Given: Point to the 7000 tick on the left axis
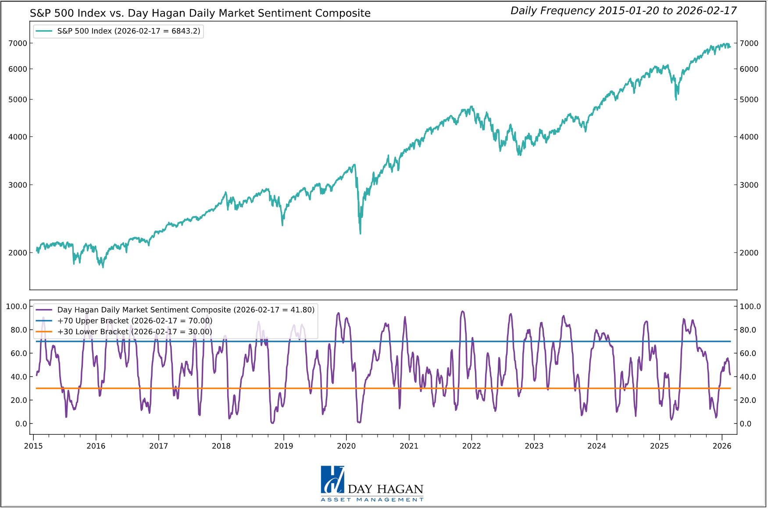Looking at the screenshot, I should (18, 43).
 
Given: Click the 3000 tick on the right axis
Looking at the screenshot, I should (749, 185).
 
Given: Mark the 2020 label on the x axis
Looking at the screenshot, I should (346, 446).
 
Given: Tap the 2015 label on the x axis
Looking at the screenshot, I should (33, 446).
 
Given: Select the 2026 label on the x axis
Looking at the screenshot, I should (722, 446).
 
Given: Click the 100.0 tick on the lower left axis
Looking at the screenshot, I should (16, 306).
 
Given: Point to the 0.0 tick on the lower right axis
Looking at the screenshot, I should (746, 424).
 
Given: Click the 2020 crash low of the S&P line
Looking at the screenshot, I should (361, 233).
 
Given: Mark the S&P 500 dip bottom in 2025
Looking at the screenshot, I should (676, 100).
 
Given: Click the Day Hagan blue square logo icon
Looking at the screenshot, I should (332, 480).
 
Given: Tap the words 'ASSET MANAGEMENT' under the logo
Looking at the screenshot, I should (372, 500).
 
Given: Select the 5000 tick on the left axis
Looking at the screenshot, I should (18, 100).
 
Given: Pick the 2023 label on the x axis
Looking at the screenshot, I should (534, 446).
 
